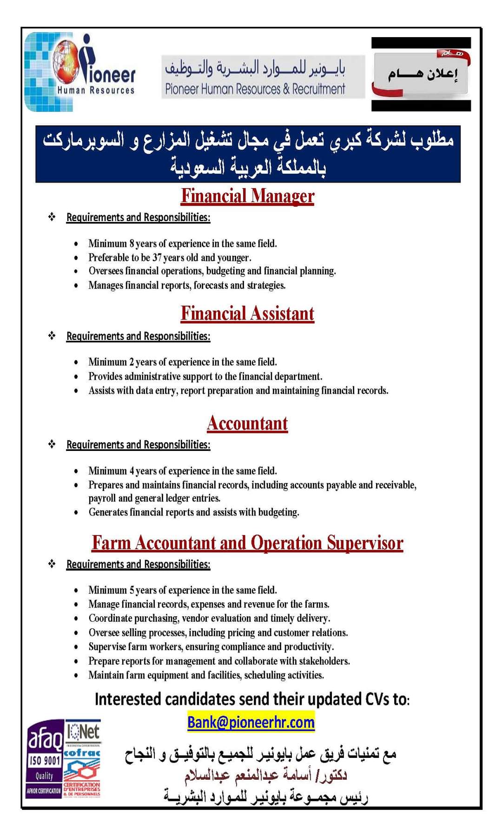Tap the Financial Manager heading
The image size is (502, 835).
click(x=247, y=196)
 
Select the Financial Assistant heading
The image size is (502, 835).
click(x=247, y=314)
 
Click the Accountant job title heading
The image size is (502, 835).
click(x=247, y=424)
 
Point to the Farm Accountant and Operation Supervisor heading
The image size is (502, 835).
click(x=247, y=542)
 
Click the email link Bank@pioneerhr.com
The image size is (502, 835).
click(x=251, y=722)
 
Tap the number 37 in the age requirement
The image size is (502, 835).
click(x=157, y=258)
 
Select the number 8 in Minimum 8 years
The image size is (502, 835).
click(x=132, y=244)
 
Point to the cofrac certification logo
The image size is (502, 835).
click(x=82, y=753)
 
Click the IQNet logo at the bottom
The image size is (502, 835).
click(x=83, y=733)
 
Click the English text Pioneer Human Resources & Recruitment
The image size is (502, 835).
click(x=255, y=89)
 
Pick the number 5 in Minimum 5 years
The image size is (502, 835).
click(x=132, y=590)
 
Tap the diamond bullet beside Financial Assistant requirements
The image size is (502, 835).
click(x=52, y=336)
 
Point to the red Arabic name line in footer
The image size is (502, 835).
click(x=265, y=775)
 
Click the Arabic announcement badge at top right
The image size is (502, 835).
click(x=421, y=74)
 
